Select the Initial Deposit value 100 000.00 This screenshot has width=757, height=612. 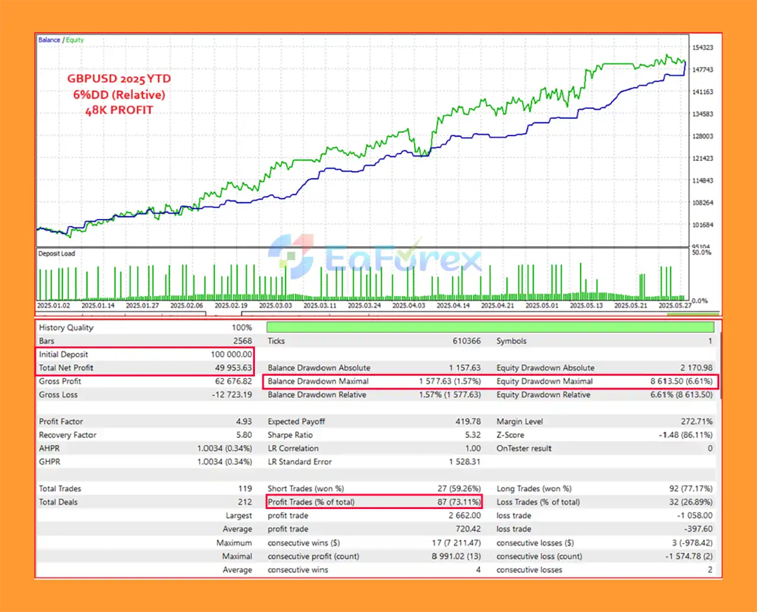[231, 354]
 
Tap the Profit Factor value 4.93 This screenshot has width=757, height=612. [244, 421]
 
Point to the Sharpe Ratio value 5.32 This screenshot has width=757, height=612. [473, 435]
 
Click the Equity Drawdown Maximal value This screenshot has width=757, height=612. [681, 381]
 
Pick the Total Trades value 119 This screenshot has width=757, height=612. [245, 488]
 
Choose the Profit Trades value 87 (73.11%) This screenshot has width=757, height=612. [459, 502]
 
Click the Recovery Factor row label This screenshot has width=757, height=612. [67, 435]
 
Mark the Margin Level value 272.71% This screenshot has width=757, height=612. [696, 421]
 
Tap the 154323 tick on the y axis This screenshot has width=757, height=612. [703, 47]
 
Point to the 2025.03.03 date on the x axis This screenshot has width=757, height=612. [276, 305]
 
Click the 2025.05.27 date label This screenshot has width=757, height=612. [675, 305]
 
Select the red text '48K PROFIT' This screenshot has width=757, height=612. [119, 110]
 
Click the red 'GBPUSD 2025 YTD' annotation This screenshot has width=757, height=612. [119, 79]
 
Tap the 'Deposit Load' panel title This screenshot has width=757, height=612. [57, 253]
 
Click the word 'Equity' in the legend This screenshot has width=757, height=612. [75, 40]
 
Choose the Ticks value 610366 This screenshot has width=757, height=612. [467, 341]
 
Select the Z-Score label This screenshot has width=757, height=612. [510, 435]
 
